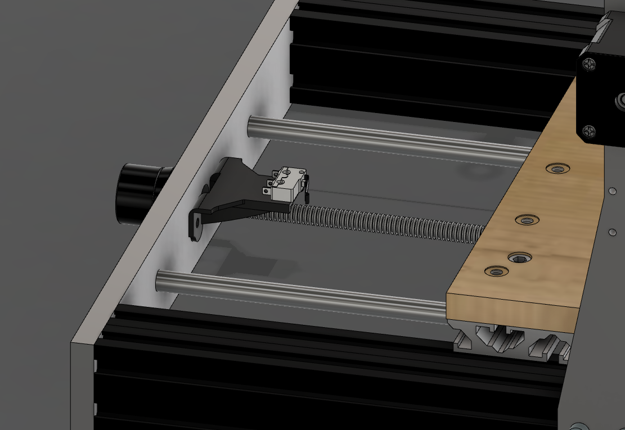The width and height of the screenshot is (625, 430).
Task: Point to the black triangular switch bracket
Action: point(225,191)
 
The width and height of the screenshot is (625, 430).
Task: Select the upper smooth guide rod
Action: point(388,138)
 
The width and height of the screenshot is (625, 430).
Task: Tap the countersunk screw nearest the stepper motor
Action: point(557,169)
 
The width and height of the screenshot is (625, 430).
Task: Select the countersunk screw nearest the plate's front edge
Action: point(496,272)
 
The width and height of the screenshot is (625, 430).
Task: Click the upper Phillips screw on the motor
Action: point(588,64)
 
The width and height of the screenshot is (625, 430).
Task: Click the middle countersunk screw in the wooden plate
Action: point(527,220)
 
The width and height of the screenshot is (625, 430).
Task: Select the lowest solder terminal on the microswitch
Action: point(265,191)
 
